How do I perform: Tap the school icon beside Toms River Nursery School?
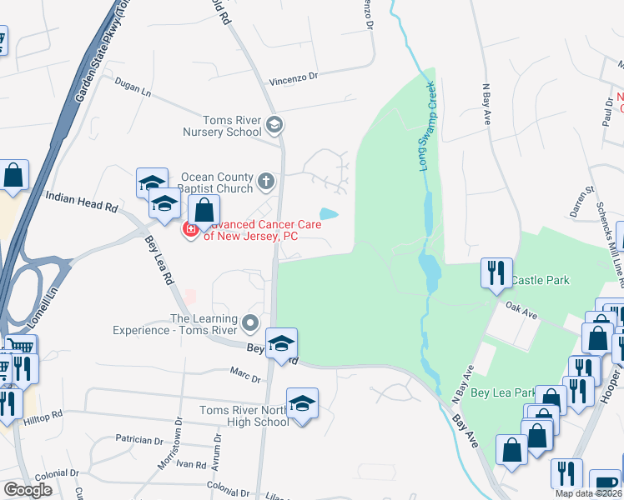tap(274, 126)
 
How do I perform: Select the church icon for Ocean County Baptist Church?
tap(265, 180)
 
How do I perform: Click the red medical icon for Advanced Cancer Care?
tap(190, 228)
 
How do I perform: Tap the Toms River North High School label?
tap(244, 416)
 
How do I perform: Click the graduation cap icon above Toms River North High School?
tap(302, 403)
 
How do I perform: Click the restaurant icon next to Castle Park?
tap(496, 272)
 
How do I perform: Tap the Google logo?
tap(28, 490)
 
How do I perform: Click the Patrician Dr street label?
tap(139, 439)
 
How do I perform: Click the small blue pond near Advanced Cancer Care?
tap(329, 214)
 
